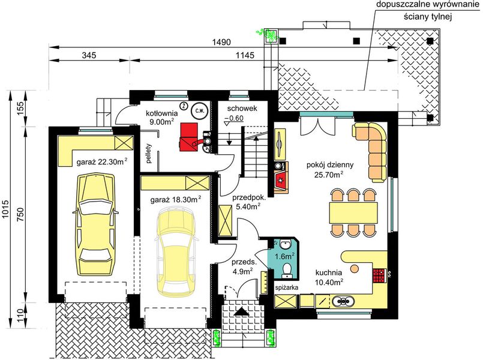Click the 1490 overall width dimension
pyautogui.click(x=221, y=42)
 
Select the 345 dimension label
pyautogui.click(x=89, y=55)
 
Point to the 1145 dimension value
pyautogui.click(x=245, y=55)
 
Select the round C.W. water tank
pyautogui.click(x=200, y=111)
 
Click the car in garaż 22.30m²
pyautogui.click(x=95, y=224)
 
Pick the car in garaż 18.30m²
pyautogui.click(x=176, y=251)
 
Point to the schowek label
pyautogui.click(x=242, y=109)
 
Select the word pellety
pyautogui.click(x=149, y=153)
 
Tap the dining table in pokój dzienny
pyautogui.click(x=353, y=212)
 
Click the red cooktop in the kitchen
pyautogui.click(x=379, y=275)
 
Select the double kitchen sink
pyautogui.click(x=342, y=301)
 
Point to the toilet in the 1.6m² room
pyautogui.click(x=287, y=268)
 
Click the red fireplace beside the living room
pyautogui.click(x=281, y=179)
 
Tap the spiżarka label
pyautogui.click(x=286, y=287)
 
